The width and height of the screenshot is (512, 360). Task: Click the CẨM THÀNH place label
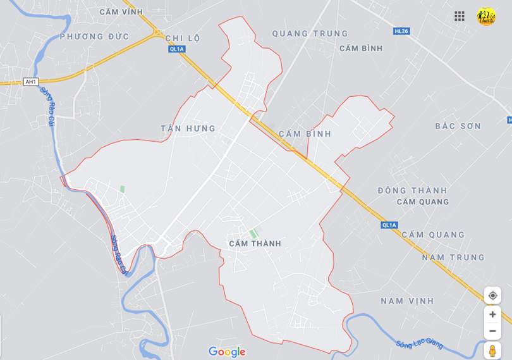coord(255,244)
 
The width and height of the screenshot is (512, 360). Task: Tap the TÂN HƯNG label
coord(188,128)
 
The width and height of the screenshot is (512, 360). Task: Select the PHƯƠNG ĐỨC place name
coord(95,37)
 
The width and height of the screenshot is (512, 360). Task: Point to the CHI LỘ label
coord(183,38)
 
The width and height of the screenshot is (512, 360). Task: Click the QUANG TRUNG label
coord(310,34)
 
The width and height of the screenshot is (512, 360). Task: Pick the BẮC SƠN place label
coord(458,127)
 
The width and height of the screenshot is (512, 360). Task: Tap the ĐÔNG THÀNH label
coord(412,190)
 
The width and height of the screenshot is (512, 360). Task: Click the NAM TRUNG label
coord(453,258)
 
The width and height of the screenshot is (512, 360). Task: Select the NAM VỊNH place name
coord(407,301)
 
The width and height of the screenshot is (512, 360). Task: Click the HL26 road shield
coord(401,30)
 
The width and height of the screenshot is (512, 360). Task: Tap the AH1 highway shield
coord(31,82)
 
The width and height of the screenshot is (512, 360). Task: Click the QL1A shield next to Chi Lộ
coord(176,49)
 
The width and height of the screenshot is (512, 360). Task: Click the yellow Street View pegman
coord(492,351)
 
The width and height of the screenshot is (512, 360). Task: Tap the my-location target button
coord(492,295)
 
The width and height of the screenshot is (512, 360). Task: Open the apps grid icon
coord(460,16)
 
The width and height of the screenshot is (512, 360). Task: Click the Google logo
coord(227,352)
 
